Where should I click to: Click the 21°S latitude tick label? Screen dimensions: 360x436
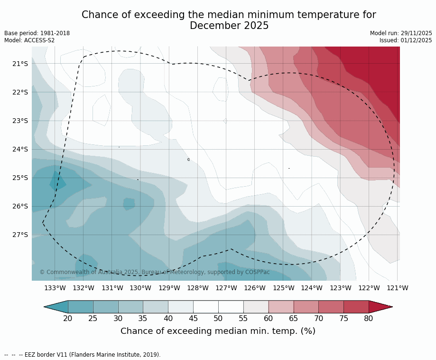click(20, 64)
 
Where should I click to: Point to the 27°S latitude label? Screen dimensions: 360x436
click(20, 235)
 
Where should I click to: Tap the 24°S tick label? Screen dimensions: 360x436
click(20, 149)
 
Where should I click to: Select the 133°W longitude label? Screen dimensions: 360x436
click(55, 288)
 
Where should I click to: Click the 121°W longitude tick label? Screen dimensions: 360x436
click(398, 288)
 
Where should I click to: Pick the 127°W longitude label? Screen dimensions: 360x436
click(226, 288)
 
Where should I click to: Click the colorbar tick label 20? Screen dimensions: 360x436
click(68, 318)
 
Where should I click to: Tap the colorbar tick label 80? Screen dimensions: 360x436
click(369, 318)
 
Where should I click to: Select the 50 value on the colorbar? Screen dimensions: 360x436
click(218, 318)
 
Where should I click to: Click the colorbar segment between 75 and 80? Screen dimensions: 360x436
click(356, 307)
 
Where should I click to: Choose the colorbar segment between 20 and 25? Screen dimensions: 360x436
click(81, 307)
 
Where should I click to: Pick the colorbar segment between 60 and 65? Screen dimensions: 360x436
click(281, 307)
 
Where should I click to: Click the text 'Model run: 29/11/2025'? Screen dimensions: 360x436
click(401, 33)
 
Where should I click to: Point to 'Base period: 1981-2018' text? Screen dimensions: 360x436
click(37, 33)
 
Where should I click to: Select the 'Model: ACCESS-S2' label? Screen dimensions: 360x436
click(29, 40)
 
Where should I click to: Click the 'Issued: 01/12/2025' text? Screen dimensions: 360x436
click(406, 40)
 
